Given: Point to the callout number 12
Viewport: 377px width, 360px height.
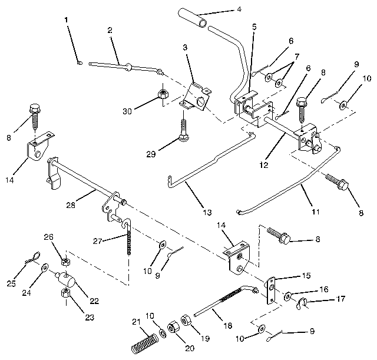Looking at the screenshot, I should [263, 164].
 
